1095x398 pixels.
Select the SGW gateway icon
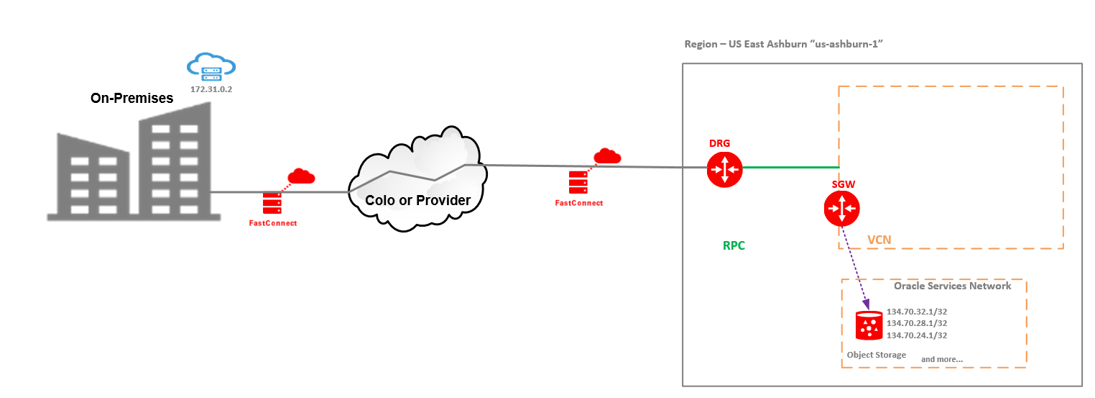coord(841,209)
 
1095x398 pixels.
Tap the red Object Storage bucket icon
coord(869,325)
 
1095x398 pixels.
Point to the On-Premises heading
coord(131,99)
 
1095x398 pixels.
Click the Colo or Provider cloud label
coord(417,200)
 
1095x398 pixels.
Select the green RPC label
coord(734,245)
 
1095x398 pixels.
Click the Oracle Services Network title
coord(952,286)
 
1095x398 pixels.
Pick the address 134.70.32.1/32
coord(916,312)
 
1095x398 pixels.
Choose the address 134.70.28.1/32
coord(916,323)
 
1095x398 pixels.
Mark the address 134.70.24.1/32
coord(916,335)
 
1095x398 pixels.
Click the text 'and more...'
coord(941,358)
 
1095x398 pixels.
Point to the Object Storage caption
coord(876,355)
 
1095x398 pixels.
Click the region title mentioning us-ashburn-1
coord(783,45)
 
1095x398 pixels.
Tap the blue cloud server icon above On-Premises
coord(211,66)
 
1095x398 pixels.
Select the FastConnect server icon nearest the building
coord(272,203)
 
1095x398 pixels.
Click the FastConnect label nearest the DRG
coord(578,203)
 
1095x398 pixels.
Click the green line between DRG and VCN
coord(790,168)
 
